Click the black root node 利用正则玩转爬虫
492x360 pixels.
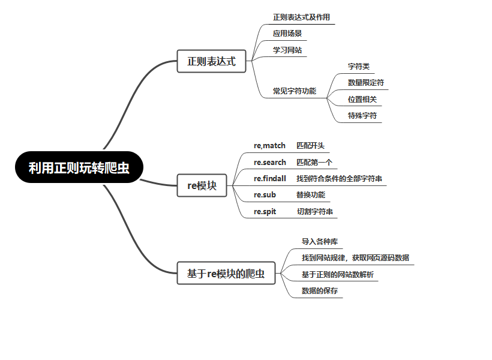pos(79,167)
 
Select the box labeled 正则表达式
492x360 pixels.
pos(211,61)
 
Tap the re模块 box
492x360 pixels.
pos(202,185)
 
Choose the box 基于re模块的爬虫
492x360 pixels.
pos(226,274)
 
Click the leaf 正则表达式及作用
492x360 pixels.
pos(301,17)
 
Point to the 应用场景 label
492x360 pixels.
pos(287,34)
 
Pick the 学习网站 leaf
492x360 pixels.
pos(287,50)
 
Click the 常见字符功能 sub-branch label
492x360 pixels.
pos(295,91)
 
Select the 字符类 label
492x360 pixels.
pos(359,67)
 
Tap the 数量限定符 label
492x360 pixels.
pos(366,83)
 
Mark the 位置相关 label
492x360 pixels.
pos(362,100)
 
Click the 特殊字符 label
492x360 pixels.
pos(362,116)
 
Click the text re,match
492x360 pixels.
pos(269,146)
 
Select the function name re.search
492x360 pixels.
pos(270,162)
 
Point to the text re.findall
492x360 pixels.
pos(270,179)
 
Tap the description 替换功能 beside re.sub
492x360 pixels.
pos(311,195)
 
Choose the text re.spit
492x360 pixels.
pos(265,212)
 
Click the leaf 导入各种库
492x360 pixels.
pos(320,242)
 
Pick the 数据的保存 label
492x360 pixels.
pos(320,291)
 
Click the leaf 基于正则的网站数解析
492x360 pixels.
pos(338,275)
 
